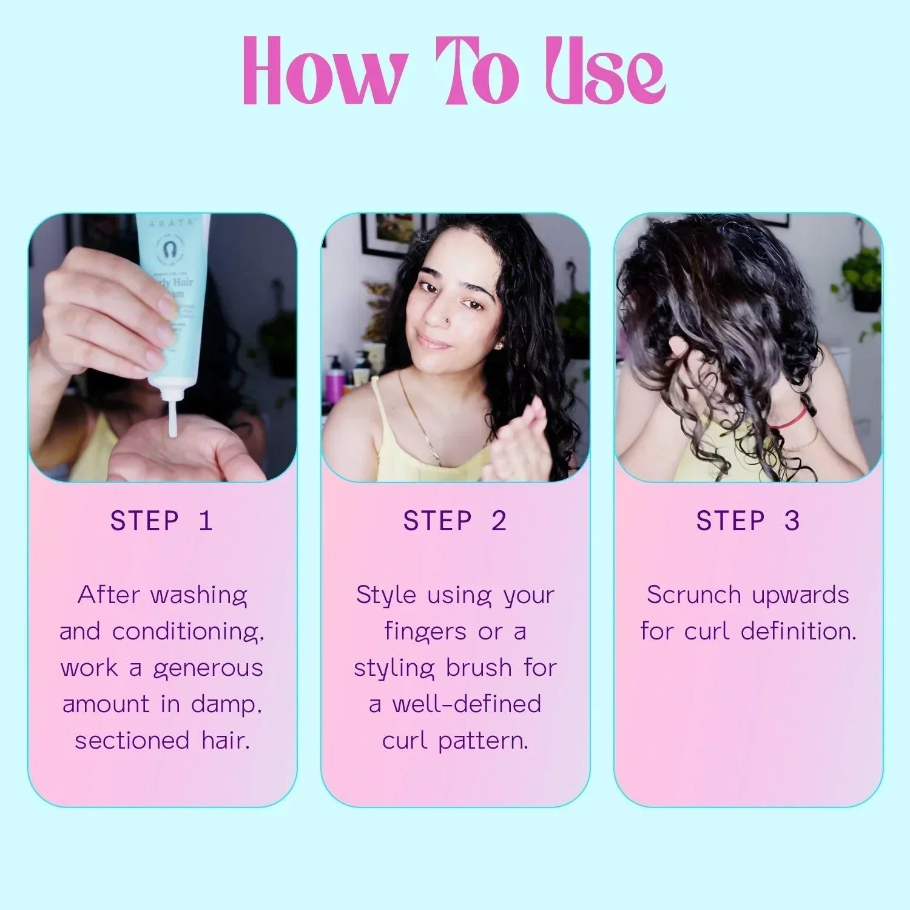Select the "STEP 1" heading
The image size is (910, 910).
tap(162, 521)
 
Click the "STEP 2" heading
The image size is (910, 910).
tap(455, 521)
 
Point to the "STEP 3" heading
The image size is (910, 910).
tap(748, 521)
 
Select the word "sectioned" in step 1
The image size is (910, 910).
tap(132, 741)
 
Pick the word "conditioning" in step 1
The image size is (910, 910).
tap(187, 632)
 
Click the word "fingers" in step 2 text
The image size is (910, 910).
tap(426, 632)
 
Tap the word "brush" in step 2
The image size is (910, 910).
tap(479, 668)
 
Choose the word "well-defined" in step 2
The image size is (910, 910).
tap(466, 704)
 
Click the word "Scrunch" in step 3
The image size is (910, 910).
tap(694, 595)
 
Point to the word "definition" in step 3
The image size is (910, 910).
tap(798, 632)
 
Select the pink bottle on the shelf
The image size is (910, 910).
tap(335, 376)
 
